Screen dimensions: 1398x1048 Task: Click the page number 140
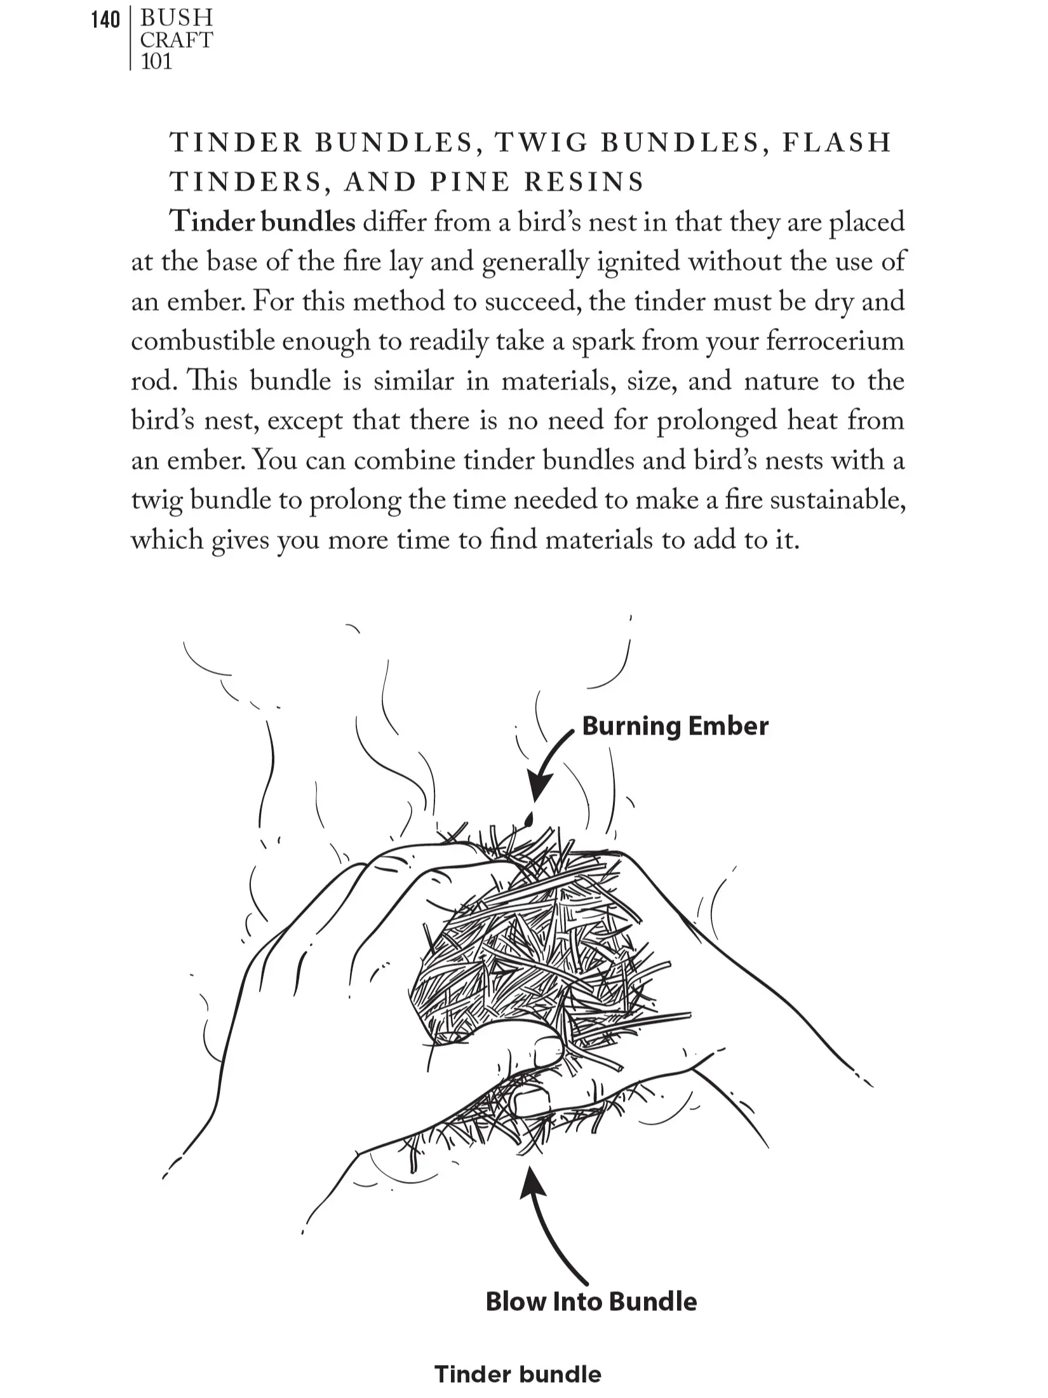105,20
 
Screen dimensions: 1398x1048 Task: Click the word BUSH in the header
177,18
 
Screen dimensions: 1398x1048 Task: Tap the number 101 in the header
156,62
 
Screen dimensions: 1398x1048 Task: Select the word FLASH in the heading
837,142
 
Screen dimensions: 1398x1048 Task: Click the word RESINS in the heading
584,182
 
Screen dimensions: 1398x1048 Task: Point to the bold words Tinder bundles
262,222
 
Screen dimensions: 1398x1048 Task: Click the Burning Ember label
675,726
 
